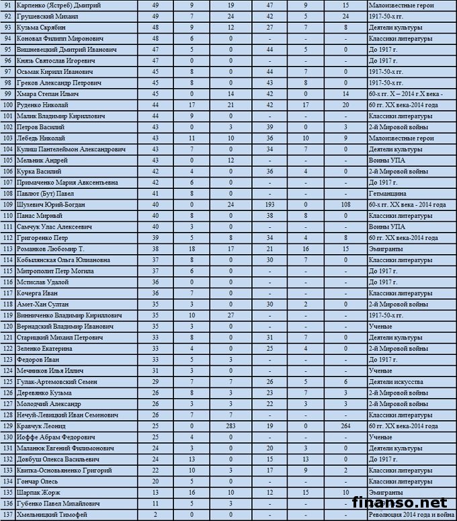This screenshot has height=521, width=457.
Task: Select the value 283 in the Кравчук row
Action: click(231, 426)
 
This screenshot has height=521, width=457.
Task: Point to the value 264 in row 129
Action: click(345, 426)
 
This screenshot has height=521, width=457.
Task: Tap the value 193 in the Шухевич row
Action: click(269, 204)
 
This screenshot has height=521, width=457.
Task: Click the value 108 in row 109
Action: click(345, 204)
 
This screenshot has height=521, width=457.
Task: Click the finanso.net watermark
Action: click(400, 502)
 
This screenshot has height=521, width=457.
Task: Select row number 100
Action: click(8, 104)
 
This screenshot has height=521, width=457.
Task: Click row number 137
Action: click(8, 515)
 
